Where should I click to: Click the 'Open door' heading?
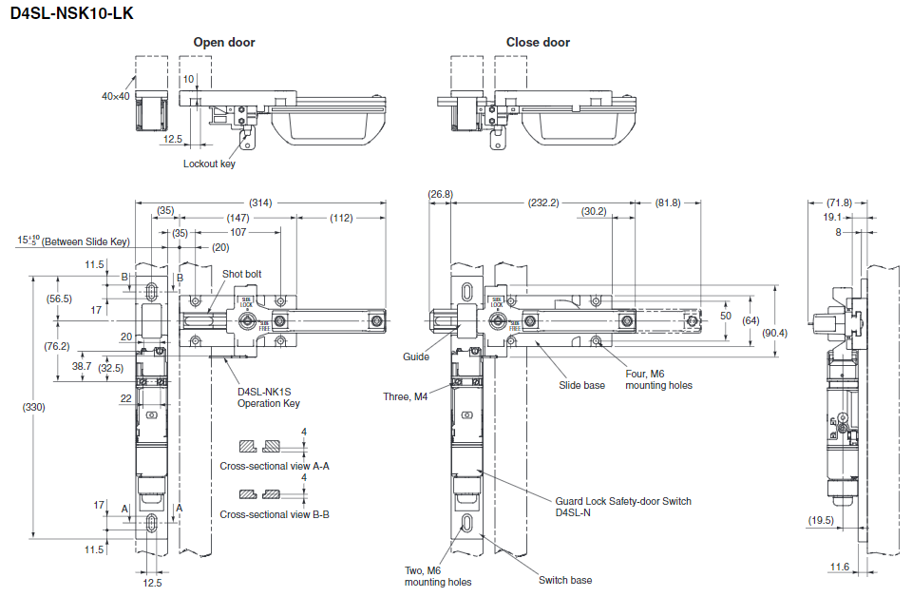tap(224, 42)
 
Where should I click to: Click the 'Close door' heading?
tap(538, 42)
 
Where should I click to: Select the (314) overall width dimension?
tap(260, 202)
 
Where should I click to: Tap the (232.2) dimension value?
tap(543, 202)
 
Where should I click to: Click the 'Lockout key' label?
tap(209, 164)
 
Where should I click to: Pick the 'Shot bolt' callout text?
tap(242, 274)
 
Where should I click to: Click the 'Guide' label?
tap(415, 356)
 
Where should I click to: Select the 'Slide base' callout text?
tap(581, 385)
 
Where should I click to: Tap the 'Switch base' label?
tap(565, 580)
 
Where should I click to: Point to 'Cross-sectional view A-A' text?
tap(275, 466)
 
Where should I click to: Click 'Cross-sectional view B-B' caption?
tap(275, 514)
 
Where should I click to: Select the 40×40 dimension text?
tap(116, 96)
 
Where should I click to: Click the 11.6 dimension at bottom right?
tap(839, 567)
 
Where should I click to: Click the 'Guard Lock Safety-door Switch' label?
tap(623, 501)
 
